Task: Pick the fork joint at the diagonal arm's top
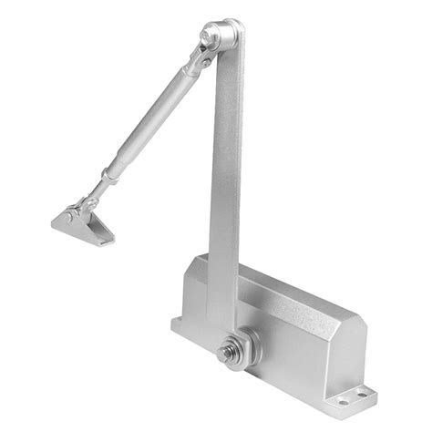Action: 195,64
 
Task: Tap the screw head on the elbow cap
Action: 211,36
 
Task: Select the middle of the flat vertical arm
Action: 223,182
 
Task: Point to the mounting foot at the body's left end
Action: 179,324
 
